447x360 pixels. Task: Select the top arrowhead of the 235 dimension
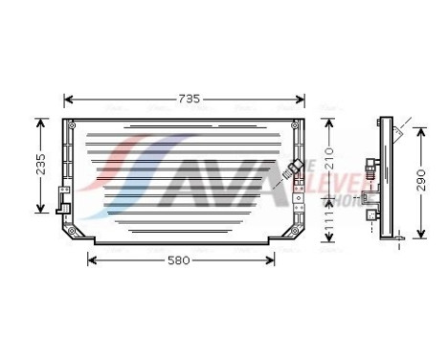[40, 122]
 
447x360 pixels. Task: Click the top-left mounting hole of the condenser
[69, 123]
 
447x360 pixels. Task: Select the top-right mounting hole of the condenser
[298, 123]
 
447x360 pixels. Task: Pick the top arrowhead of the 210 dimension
[327, 122]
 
